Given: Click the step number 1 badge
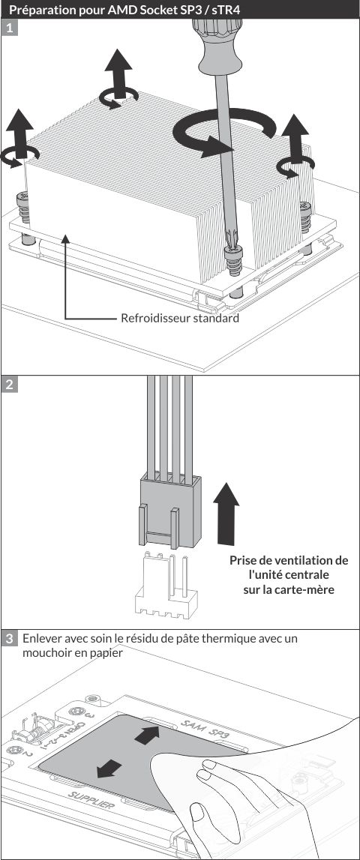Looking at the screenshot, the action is tap(9, 28).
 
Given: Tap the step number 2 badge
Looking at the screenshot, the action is tap(9, 384).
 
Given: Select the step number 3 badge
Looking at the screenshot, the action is tap(9, 638).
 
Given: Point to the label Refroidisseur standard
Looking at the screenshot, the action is tap(180, 318).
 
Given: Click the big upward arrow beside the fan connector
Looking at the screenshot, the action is tap(226, 514).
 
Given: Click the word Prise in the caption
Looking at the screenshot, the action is tap(242, 561).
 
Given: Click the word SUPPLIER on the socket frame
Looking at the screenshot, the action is tap(92, 802).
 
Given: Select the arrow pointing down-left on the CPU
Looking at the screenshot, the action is tap(109, 769).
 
